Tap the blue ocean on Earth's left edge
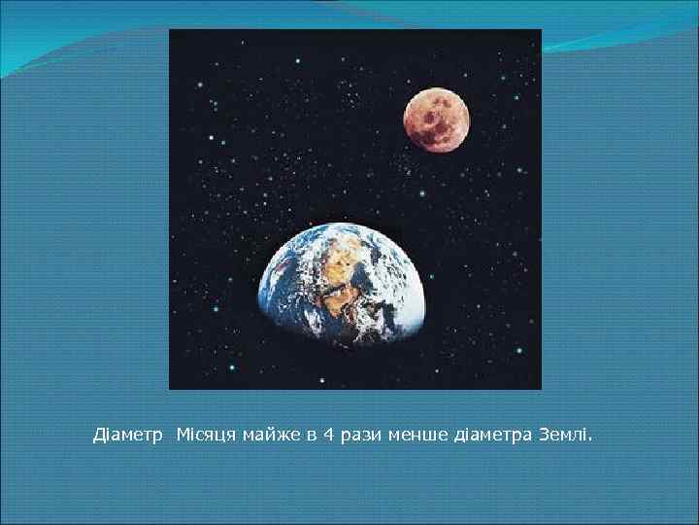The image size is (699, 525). click(x=277, y=292)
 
